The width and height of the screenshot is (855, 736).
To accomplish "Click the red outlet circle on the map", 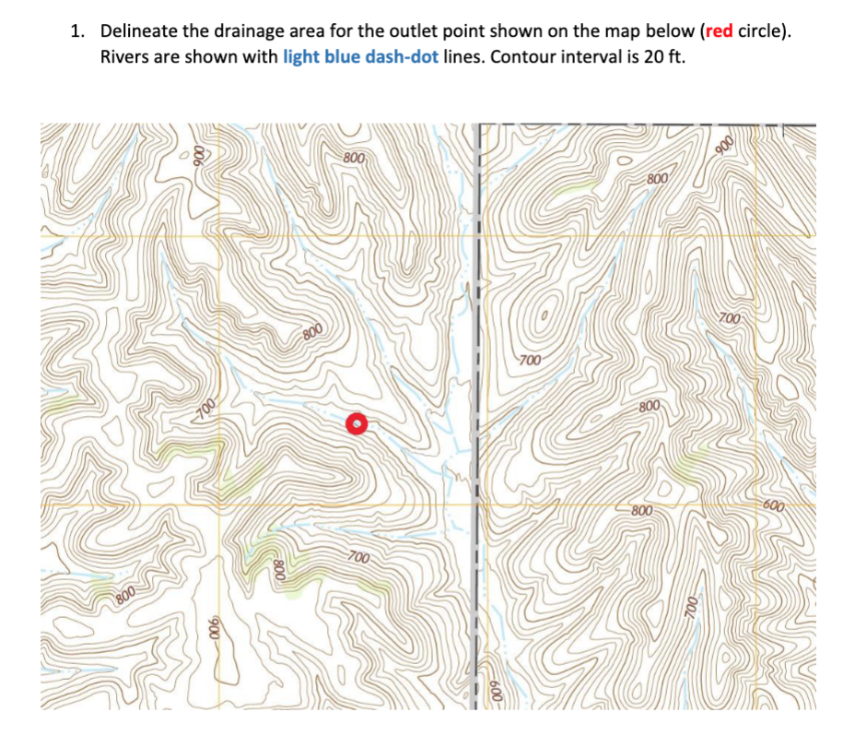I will click(357, 423).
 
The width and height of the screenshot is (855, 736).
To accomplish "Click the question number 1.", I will click(76, 31).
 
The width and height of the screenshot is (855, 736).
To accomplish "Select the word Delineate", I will click(141, 31).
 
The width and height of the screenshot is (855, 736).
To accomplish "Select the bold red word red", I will click(719, 31).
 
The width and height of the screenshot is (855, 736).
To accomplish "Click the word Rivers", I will click(126, 57).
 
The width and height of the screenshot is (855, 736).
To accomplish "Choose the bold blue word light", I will click(304, 57).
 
